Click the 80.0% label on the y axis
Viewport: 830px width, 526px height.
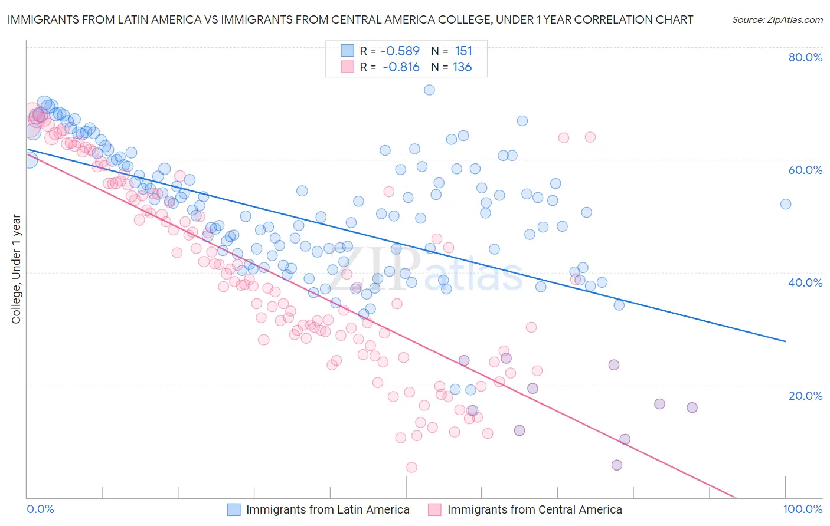coord(805,57)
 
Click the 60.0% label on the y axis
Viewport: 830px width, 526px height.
coord(805,170)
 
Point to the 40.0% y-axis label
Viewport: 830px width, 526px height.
coord(805,282)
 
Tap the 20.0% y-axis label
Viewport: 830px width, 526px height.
coord(805,395)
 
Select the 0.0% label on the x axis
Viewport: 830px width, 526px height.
coord(40,509)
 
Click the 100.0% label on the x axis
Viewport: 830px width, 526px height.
coord(803,509)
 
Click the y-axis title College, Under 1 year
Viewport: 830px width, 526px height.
coord(16,269)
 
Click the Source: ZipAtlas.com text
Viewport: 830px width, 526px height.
coord(777,19)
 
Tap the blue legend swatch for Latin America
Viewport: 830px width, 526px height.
coord(234,509)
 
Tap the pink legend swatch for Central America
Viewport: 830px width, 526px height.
coord(435,509)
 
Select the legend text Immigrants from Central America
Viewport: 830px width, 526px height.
coord(534,509)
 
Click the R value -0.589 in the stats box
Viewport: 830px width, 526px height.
coord(400,51)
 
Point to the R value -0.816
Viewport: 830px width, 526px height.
coord(401,67)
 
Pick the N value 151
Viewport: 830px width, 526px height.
coord(463,51)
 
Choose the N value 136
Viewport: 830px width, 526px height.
coord(462,67)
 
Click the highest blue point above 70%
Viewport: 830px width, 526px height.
coord(429,90)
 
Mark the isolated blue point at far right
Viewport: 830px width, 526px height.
coord(786,204)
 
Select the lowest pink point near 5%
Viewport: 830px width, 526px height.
coord(411,467)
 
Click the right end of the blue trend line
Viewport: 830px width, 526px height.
coord(785,341)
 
